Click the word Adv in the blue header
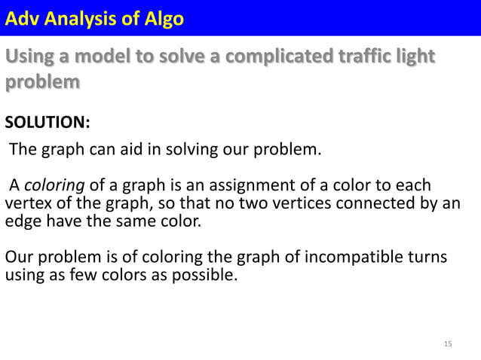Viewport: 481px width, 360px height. tap(23, 17)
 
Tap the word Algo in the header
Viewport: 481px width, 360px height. tap(161, 17)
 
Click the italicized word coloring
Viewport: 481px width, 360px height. tap(49, 185)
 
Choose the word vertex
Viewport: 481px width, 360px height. tap(26, 205)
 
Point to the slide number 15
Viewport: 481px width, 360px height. tap(448, 344)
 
